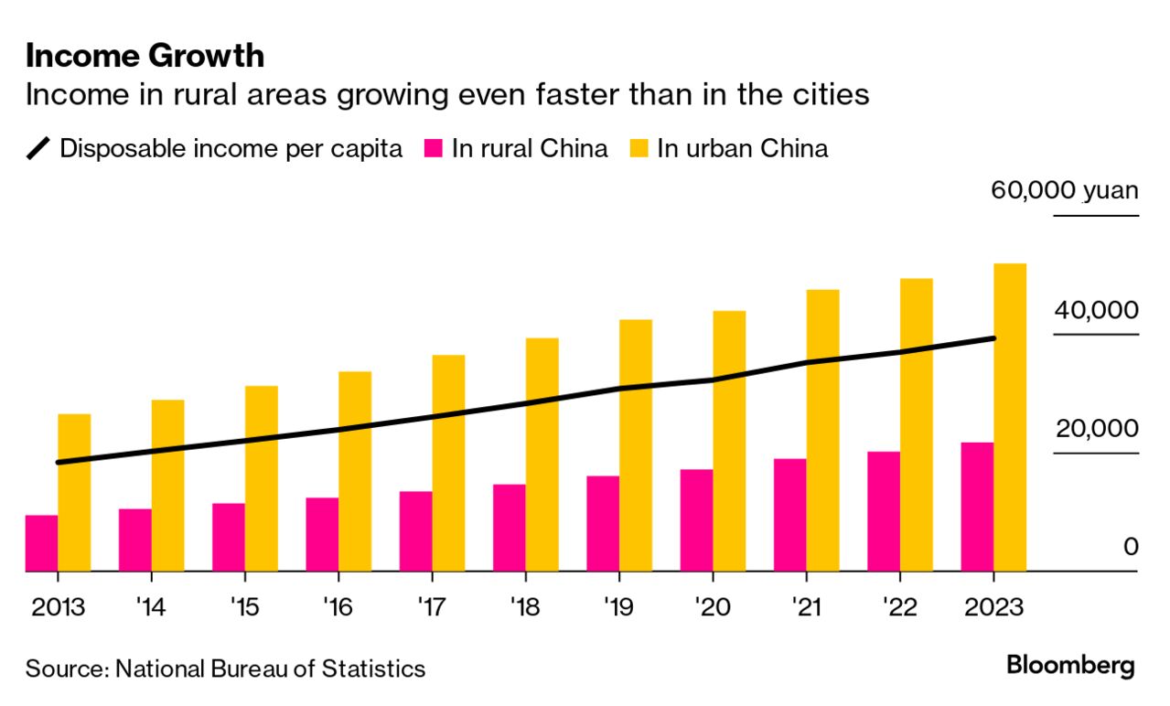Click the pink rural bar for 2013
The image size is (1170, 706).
41,543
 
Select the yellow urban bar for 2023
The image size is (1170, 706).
1010,417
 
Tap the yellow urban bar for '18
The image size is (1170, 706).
542,455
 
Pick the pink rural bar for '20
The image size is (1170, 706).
697,520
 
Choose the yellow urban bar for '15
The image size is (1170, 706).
262,478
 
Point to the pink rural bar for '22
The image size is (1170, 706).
884,511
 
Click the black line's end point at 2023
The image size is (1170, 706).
993,338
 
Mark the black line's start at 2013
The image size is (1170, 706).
59,462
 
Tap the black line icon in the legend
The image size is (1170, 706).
38,149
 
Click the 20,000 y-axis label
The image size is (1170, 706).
1097,428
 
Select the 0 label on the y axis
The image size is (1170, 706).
1131,547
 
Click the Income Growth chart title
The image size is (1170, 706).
145,57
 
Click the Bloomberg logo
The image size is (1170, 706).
1070,665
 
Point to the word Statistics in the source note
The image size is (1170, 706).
374,669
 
